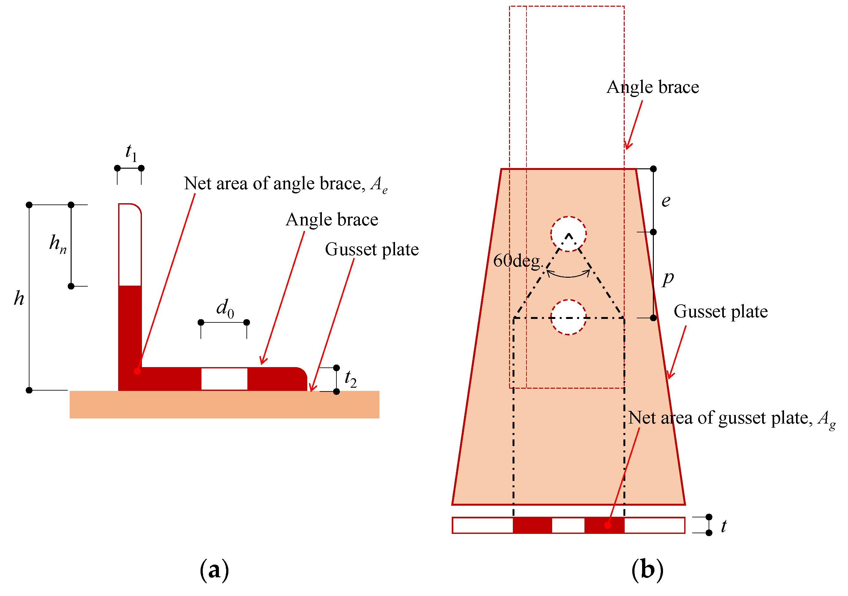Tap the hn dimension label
point(58,244)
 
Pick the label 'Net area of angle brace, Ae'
point(285,184)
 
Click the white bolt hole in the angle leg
point(224,379)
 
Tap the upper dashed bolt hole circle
point(568,234)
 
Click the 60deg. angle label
point(517,261)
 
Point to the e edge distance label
point(666,201)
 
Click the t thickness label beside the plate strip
point(724,526)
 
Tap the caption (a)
point(214,570)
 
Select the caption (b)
point(647,570)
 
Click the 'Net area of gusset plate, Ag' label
point(731,419)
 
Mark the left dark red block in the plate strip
point(532,525)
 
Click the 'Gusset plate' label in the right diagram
point(721,312)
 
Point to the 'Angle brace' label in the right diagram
point(653,87)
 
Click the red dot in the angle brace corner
point(137,371)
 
